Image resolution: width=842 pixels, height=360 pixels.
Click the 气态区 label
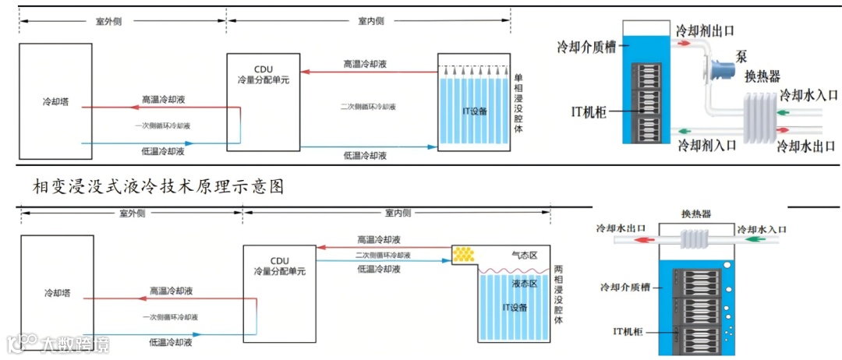click(x=524, y=255)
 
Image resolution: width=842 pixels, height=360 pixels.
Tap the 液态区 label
click(x=524, y=284)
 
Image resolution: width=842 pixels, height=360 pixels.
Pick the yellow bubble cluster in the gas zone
click(x=464, y=254)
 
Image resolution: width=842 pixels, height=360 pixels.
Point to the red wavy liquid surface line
click(x=514, y=271)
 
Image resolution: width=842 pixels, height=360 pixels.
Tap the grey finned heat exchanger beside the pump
click(x=759, y=117)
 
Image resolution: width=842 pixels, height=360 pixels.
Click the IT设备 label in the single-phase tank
click(x=475, y=111)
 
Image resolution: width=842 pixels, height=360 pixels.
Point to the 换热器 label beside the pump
click(x=762, y=76)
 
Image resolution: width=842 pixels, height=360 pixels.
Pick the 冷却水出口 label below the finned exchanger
click(x=806, y=146)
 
